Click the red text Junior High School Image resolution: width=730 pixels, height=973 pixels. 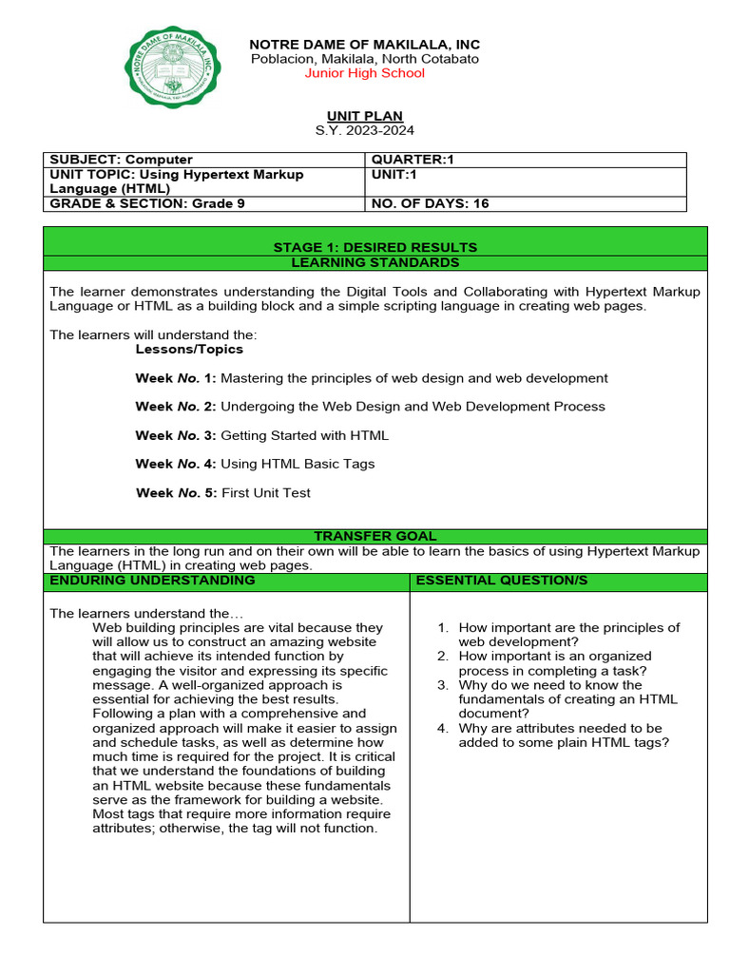[364, 73]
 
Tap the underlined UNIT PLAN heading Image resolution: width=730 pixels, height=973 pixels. [365, 116]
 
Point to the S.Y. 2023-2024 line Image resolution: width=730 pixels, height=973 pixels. [365, 130]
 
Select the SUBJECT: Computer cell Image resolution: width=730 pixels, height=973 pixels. [121, 160]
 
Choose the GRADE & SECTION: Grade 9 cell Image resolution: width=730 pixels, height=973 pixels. [141, 203]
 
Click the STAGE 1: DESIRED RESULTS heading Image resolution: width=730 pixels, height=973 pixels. [375, 247]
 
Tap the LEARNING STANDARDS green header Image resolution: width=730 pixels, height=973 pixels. [375, 262]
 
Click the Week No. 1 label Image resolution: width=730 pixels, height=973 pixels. [176, 378]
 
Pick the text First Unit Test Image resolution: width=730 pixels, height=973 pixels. [265, 493]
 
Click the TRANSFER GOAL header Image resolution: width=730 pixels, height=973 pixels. [375, 537]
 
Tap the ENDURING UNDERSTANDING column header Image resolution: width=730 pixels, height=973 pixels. [153, 580]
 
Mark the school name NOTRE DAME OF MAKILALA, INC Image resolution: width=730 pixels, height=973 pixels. [364, 45]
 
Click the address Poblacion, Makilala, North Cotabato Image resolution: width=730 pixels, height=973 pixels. [364, 59]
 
